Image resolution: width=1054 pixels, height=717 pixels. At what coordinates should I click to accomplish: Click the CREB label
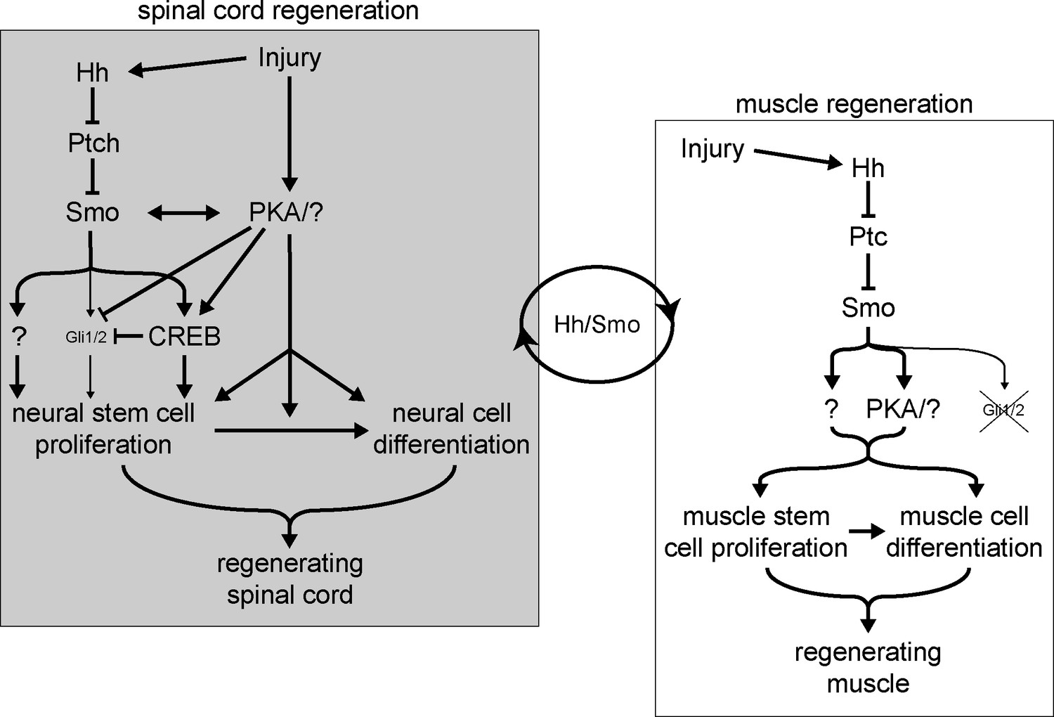click(184, 337)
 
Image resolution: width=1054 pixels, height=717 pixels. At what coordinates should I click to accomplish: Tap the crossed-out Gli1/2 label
click(1003, 410)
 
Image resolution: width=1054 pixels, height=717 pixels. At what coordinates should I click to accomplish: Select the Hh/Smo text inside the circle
click(597, 324)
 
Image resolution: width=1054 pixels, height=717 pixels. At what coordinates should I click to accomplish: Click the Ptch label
click(93, 143)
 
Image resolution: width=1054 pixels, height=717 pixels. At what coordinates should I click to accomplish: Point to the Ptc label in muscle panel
click(868, 237)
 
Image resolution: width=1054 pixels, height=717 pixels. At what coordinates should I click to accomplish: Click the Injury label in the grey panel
click(289, 58)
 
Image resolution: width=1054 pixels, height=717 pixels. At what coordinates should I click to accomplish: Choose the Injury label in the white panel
click(712, 149)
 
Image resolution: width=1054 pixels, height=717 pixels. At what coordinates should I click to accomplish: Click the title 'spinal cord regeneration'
click(278, 11)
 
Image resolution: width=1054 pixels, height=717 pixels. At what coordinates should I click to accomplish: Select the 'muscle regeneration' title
click(854, 104)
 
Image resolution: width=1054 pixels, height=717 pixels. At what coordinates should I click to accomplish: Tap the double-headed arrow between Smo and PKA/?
click(184, 212)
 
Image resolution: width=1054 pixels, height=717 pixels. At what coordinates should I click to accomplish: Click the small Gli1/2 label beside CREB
click(86, 337)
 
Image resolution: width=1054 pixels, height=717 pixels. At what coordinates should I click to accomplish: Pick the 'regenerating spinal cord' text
click(289, 579)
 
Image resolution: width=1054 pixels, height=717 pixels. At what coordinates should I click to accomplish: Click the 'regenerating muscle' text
click(868, 667)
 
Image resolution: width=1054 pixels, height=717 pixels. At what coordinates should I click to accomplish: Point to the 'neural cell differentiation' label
click(451, 428)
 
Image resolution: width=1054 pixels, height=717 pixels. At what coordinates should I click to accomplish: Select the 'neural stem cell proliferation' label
click(103, 428)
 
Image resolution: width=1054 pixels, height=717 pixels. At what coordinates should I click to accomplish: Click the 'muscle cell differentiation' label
click(964, 531)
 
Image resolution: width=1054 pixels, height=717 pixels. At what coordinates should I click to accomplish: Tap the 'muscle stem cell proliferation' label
click(755, 531)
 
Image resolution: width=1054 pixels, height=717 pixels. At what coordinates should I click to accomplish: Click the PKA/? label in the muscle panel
click(903, 408)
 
